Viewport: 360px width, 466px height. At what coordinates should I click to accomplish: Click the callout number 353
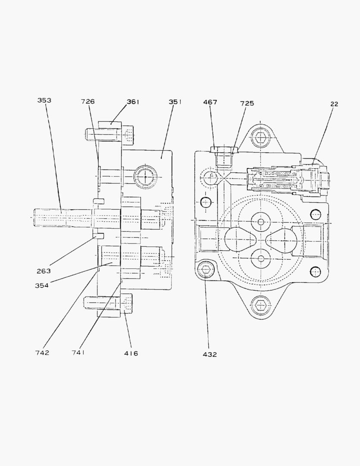[x=44, y=101]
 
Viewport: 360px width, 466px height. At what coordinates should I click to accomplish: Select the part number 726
[x=88, y=101]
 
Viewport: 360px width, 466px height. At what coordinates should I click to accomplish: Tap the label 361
[x=133, y=102]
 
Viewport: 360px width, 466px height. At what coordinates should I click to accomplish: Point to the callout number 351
[x=175, y=102]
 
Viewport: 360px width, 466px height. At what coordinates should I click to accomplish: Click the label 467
[x=210, y=102]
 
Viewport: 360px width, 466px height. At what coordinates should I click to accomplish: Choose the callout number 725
[x=247, y=103]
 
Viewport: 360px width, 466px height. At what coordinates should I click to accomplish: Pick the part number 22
[x=334, y=104]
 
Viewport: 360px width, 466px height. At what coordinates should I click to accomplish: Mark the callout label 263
[x=43, y=271]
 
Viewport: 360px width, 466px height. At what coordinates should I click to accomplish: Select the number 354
[x=42, y=285]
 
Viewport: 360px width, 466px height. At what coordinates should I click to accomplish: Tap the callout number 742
[x=42, y=353]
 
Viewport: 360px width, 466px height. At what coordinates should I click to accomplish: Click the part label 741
[x=78, y=353]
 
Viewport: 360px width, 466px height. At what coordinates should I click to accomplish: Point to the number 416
[x=131, y=353]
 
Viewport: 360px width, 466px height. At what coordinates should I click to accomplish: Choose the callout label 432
[x=210, y=354]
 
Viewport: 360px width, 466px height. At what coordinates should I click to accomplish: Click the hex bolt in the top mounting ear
[x=260, y=138]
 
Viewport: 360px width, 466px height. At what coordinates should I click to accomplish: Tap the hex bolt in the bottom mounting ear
[x=260, y=305]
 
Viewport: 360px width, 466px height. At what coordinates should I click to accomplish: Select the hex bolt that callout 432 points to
[x=207, y=270]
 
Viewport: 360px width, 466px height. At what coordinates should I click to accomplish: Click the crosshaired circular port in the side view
[x=145, y=177]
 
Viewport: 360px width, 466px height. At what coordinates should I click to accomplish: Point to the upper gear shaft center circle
[x=260, y=222]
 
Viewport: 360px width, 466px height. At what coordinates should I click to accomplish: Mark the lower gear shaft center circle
[x=260, y=258]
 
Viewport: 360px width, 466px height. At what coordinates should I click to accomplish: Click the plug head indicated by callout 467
[x=223, y=150]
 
